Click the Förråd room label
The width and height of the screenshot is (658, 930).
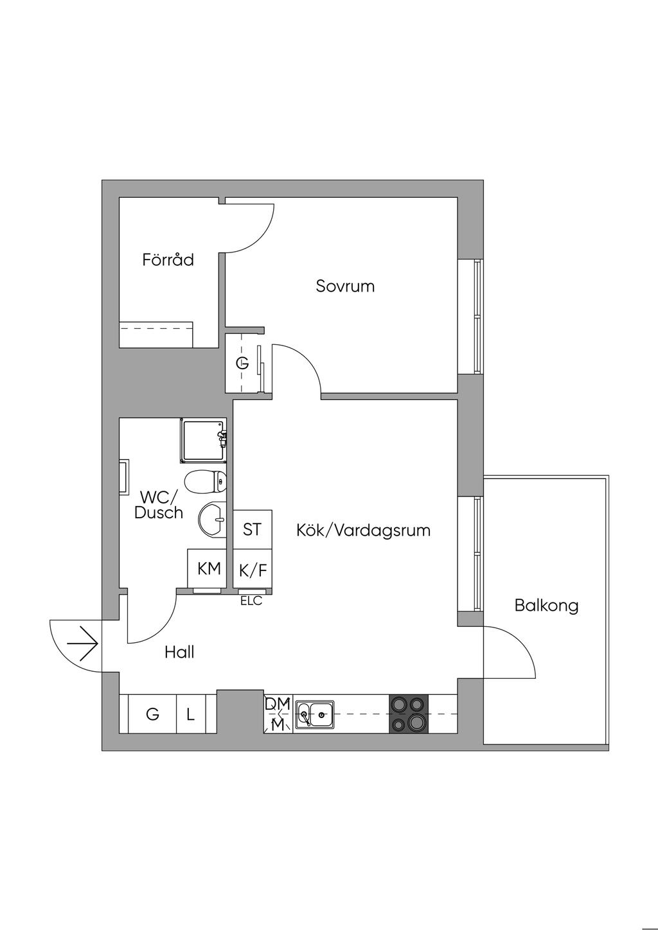tap(168, 260)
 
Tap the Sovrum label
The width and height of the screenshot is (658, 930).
tap(345, 286)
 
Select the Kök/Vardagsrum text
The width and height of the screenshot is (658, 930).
tap(363, 531)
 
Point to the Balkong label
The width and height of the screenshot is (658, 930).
tap(546, 605)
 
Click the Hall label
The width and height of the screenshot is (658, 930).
tap(179, 653)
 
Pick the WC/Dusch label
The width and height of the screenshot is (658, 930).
tap(158, 505)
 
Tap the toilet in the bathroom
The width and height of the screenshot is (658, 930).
tap(205, 480)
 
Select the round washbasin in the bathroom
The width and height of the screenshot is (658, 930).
tap(212, 518)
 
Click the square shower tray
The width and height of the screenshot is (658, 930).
tap(203, 441)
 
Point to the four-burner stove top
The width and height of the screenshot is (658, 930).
tap(409, 714)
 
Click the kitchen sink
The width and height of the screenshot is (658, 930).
tap(314, 714)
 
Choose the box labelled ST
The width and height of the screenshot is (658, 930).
tap(252, 529)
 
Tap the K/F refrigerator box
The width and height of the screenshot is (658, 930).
tap(252, 569)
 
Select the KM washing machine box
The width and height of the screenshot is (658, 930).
tap(208, 568)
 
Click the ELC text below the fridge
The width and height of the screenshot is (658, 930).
tap(251, 602)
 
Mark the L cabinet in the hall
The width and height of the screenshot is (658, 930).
tap(191, 714)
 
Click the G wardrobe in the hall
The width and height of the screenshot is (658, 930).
tap(152, 714)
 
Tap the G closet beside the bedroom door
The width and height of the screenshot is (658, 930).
tap(242, 363)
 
